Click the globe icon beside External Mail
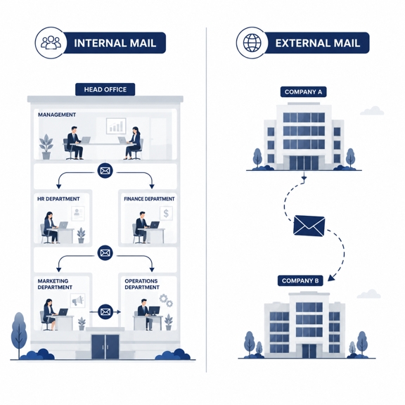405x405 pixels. point(252,43)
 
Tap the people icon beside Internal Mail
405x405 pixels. point(51,42)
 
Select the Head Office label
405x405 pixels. point(105,89)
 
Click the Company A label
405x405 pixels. point(303,92)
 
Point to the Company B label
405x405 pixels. point(300,281)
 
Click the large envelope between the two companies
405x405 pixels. point(309,226)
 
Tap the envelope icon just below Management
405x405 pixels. point(105,171)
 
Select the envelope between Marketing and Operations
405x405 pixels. point(105,312)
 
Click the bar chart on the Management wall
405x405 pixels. point(116,127)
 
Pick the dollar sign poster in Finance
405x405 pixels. point(166,213)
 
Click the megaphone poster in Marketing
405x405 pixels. point(78,301)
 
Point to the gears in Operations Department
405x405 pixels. point(166,300)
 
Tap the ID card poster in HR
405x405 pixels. point(78,213)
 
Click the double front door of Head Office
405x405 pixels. point(105,347)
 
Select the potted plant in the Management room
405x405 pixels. point(46,147)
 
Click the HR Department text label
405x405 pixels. point(58,199)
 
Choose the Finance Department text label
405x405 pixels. point(149,199)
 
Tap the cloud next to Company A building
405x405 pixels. point(372,110)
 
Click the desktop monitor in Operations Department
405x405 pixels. point(155,310)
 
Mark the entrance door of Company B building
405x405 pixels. point(309,351)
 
